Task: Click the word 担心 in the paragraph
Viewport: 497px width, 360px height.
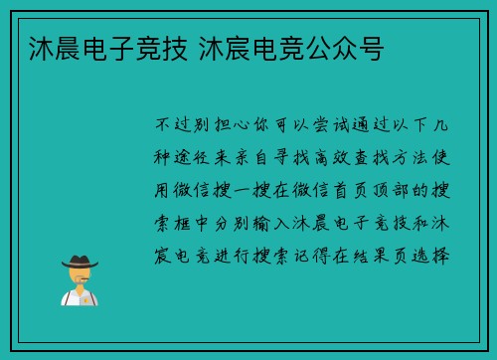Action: click(231, 126)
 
